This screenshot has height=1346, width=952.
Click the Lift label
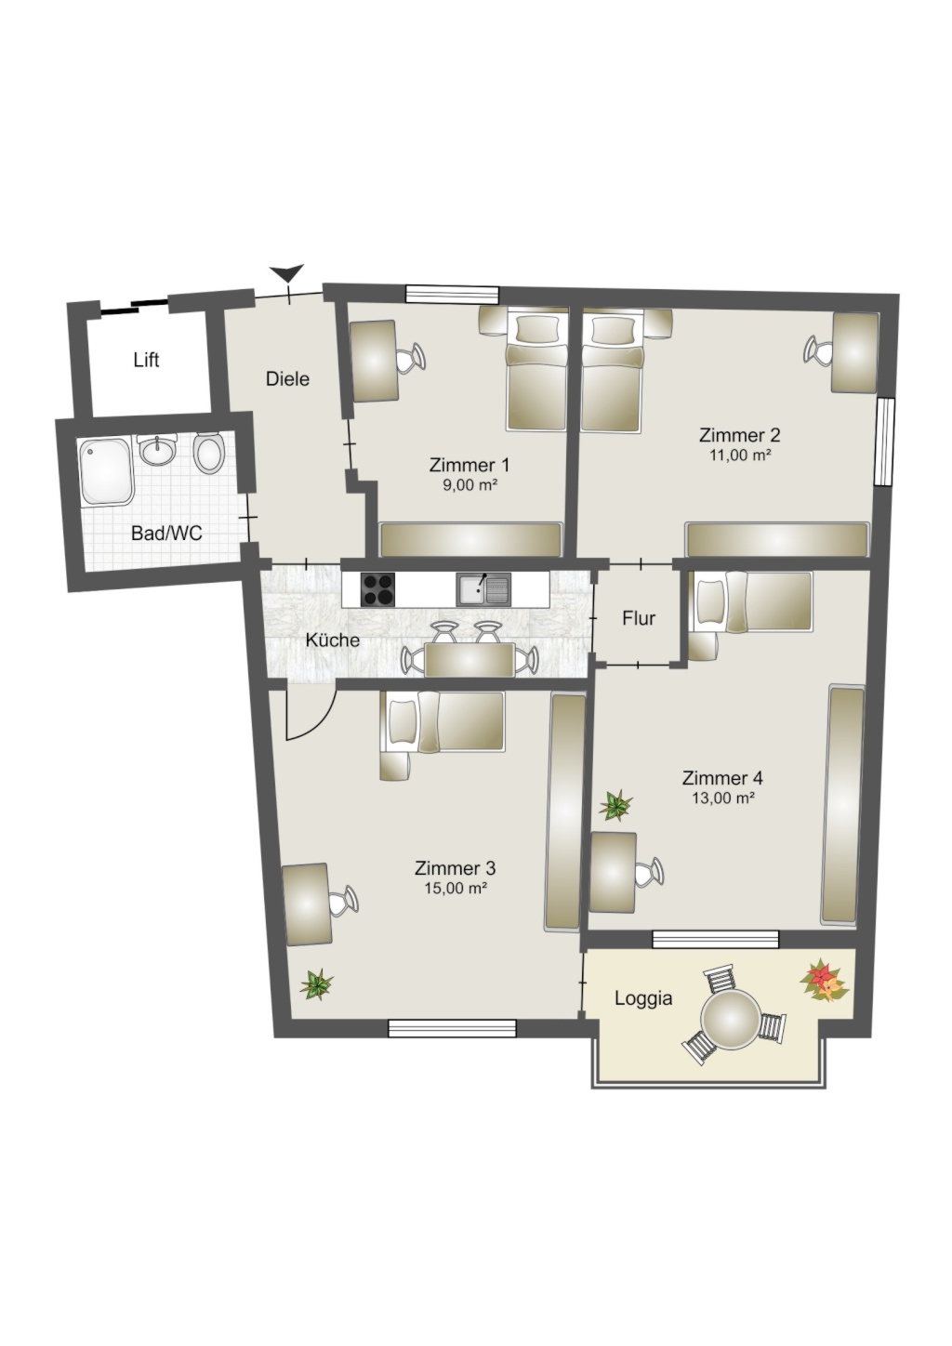[147, 360]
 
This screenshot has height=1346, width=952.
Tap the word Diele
[288, 379]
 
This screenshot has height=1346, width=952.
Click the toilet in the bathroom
[208, 453]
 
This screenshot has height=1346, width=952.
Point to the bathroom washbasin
[158, 450]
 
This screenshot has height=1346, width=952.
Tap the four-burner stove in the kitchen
[378, 589]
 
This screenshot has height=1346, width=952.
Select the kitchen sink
[483, 589]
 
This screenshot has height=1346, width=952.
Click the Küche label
[332, 640]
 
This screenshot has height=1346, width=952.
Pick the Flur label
[639, 618]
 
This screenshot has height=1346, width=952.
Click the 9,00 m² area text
[469, 485]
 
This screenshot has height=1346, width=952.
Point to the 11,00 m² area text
[740, 455]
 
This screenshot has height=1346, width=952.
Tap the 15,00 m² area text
[455, 888]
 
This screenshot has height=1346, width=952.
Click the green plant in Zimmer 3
[316, 983]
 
